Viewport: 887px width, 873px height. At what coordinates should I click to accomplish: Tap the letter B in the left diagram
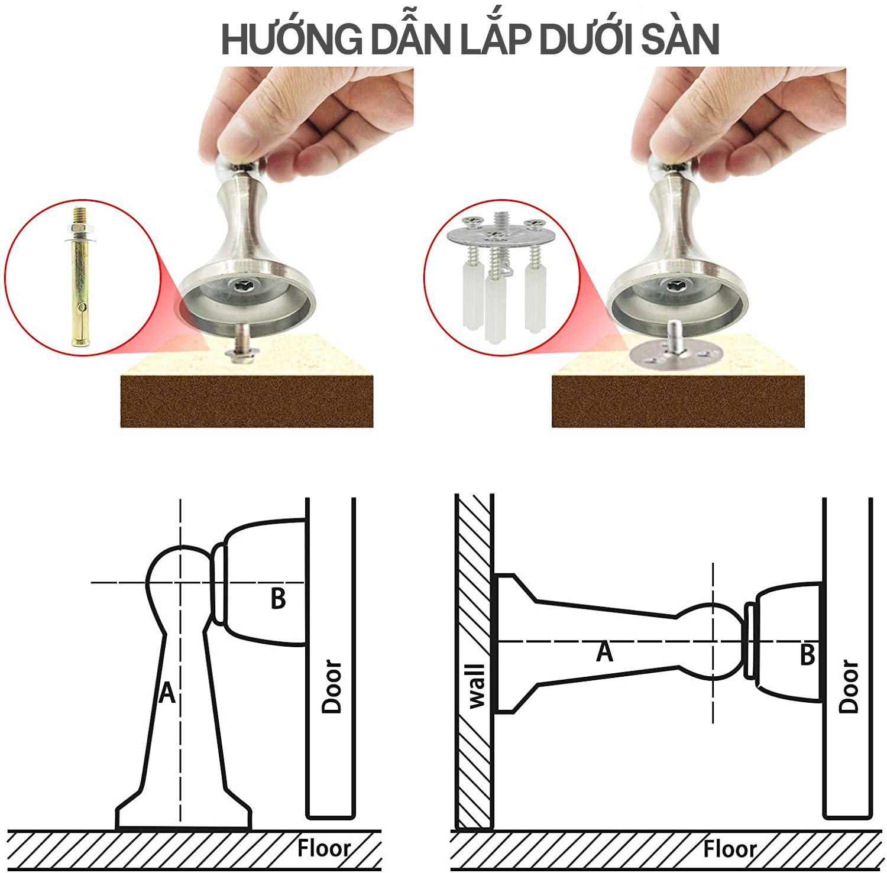click(278, 598)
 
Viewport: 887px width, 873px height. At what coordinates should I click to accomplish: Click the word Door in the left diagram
click(332, 686)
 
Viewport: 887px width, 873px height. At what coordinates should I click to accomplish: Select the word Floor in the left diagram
click(323, 848)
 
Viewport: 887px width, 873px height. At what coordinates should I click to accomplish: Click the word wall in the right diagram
click(476, 686)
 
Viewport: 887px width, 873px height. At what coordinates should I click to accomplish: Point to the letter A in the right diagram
click(604, 652)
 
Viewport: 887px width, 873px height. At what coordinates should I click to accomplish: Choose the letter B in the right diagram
click(807, 655)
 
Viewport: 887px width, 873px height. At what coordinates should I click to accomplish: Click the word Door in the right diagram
click(849, 686)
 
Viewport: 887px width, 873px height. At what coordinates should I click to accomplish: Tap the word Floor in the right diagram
click(730, 849)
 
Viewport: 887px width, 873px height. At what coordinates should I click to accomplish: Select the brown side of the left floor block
click(247, 401)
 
